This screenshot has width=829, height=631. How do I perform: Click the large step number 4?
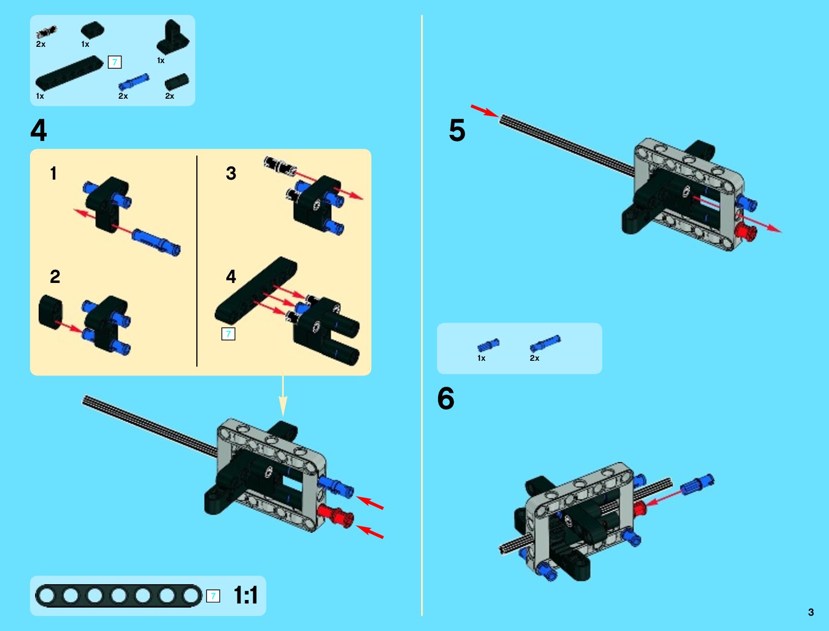39,130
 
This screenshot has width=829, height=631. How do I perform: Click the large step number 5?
457,130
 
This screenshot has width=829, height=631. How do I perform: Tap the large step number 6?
446,398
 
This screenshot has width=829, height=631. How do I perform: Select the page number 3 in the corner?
811,612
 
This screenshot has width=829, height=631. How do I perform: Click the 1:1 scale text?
246,595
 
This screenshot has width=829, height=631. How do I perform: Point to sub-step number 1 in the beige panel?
53,174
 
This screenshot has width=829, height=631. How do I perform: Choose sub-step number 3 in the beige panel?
231,174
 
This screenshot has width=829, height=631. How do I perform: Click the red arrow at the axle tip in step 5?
485,111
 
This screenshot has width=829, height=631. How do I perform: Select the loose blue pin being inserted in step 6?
697,485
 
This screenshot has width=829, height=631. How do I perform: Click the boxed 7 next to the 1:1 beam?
213,596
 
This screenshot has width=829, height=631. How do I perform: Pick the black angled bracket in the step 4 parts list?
173,38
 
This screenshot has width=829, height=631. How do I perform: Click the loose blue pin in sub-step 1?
156,242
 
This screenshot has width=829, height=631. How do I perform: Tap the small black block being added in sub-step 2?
51,312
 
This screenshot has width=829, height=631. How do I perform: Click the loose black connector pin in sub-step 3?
280,166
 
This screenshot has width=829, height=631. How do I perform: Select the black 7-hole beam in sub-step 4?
256,290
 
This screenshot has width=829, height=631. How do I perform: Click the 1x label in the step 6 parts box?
481,358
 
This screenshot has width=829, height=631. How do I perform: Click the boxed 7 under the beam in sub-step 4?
228,334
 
